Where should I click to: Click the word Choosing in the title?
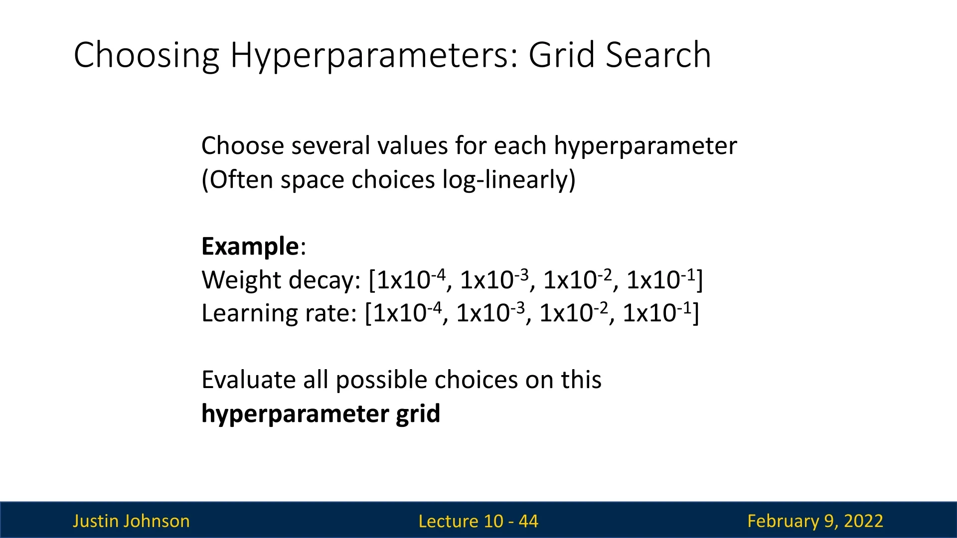coord(147,56)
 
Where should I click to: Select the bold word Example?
coord(250,247)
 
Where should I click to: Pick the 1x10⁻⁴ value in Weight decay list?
coord(411,279)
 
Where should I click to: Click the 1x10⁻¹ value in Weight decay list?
coord(660,279)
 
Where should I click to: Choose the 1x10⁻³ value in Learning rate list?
coord(491,313)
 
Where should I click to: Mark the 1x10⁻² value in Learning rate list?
coord(574,313)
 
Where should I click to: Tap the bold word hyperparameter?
coord(295,414)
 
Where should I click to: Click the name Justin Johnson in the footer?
coord(131,521)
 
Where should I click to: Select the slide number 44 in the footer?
coord(528,521)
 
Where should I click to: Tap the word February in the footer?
coord(784,522)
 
